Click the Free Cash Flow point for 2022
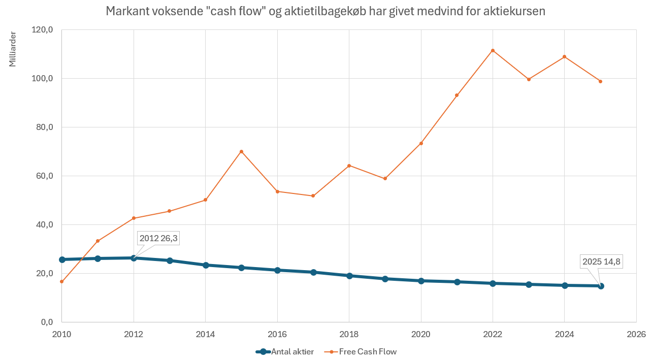(x=493, y=50)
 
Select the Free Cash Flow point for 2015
(x=241, y=151)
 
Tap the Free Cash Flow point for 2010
(x=62, y=281)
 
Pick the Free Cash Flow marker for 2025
(x=600, y=81)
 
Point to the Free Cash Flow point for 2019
(x=385, y=179)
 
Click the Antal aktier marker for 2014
(x=206, y=265)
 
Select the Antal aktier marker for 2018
(x=349, y=276)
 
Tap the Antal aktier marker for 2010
(x=62, y=259)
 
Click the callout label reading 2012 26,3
(x=158, y=238)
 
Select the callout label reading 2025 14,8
(x=602, y=262)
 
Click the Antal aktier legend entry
(x=284, y=351)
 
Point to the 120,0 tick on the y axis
(x=43, y=30)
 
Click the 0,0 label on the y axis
(x=46, y=322)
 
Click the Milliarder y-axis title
(x=13, y=49)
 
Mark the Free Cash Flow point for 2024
(x=564, y=56)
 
